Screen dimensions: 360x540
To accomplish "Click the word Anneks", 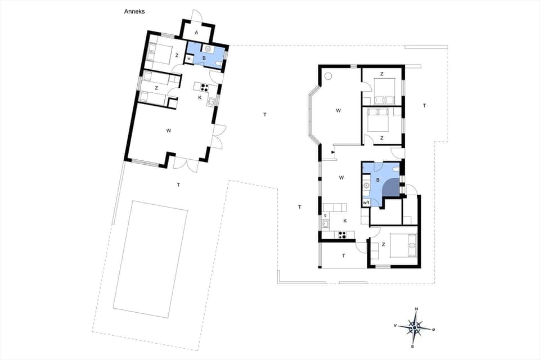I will [x=135, y=11].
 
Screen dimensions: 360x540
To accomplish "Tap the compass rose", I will [x=415, y=327].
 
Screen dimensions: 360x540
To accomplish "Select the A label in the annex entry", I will [x=196, y=33].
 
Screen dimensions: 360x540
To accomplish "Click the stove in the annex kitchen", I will [x=202, y=87].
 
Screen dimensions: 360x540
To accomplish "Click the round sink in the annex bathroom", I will [x=208, y=49].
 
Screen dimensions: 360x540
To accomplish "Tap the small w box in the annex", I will [x=189, y=58].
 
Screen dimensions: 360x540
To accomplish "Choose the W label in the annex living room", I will [x=169, y=130].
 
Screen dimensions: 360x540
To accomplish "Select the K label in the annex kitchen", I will [x=200, y=97].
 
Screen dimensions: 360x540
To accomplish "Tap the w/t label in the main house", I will [x=366, y=202].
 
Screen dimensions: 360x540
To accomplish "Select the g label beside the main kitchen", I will [x=326, y=215].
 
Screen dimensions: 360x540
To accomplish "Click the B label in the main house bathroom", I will [x=378, y=180].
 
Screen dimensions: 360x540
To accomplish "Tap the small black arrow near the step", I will [x=334, y=152].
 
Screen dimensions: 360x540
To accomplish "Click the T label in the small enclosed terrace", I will [x=343, y=255].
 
